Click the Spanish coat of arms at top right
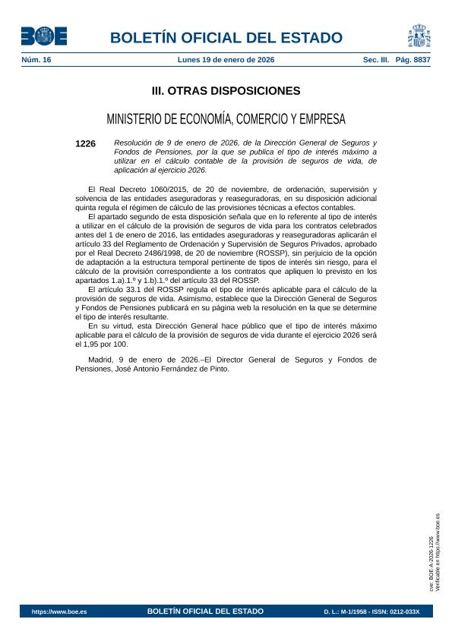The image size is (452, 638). [418, 36]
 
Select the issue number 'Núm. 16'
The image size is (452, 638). [36, 59]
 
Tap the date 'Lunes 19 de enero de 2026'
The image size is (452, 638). [226, 59]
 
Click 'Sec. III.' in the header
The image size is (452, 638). [375, 59]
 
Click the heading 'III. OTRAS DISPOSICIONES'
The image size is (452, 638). [226, 91]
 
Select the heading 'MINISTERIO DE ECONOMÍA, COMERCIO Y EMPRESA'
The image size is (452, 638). [226, 119]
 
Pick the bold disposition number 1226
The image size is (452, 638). [86, 143]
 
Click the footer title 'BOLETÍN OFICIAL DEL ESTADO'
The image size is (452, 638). [205, 611]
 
